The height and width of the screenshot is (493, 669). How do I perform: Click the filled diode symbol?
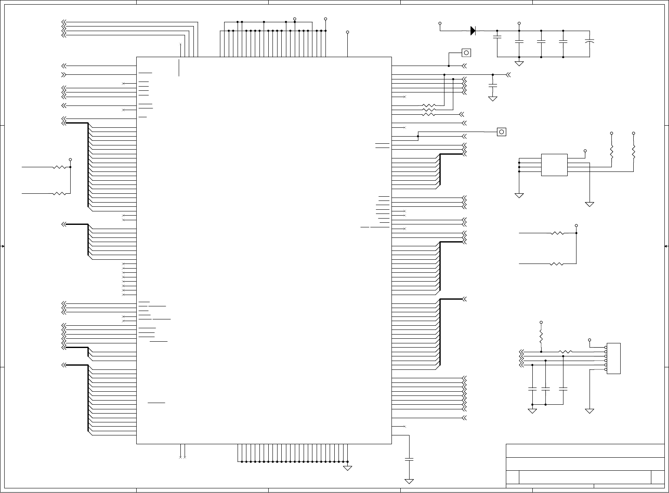(473, 30)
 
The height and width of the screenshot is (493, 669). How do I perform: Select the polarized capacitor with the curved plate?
(590, 42)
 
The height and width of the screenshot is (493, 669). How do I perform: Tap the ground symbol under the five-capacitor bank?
(519, 63)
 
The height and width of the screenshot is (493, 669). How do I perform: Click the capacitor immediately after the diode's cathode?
(497, 37)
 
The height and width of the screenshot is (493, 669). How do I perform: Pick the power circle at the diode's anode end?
(440, 23)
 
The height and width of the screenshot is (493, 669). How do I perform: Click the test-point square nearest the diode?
(466, 53)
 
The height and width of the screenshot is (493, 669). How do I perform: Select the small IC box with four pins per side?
(554, 165)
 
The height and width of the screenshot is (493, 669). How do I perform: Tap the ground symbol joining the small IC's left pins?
(519, 195)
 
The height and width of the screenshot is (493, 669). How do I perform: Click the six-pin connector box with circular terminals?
(613, 359)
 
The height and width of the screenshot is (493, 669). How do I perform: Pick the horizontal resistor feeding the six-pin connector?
(565, 352)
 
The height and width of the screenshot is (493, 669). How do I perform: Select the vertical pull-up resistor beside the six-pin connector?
(541, 336)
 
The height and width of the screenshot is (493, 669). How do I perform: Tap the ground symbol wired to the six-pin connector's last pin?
(590, 411)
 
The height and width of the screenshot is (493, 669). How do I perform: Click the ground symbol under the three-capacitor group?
(532, 411)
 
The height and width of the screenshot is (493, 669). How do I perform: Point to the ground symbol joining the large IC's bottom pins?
(348, 468)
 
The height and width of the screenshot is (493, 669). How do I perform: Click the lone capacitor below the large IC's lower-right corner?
(409, 459)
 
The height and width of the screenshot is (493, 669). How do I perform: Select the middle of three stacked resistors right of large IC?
(429, 110)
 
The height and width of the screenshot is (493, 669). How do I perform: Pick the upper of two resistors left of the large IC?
(61, 167)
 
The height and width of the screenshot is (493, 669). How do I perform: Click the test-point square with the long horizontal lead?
(501, 132)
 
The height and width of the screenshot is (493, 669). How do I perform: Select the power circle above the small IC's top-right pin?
(585, 150)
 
